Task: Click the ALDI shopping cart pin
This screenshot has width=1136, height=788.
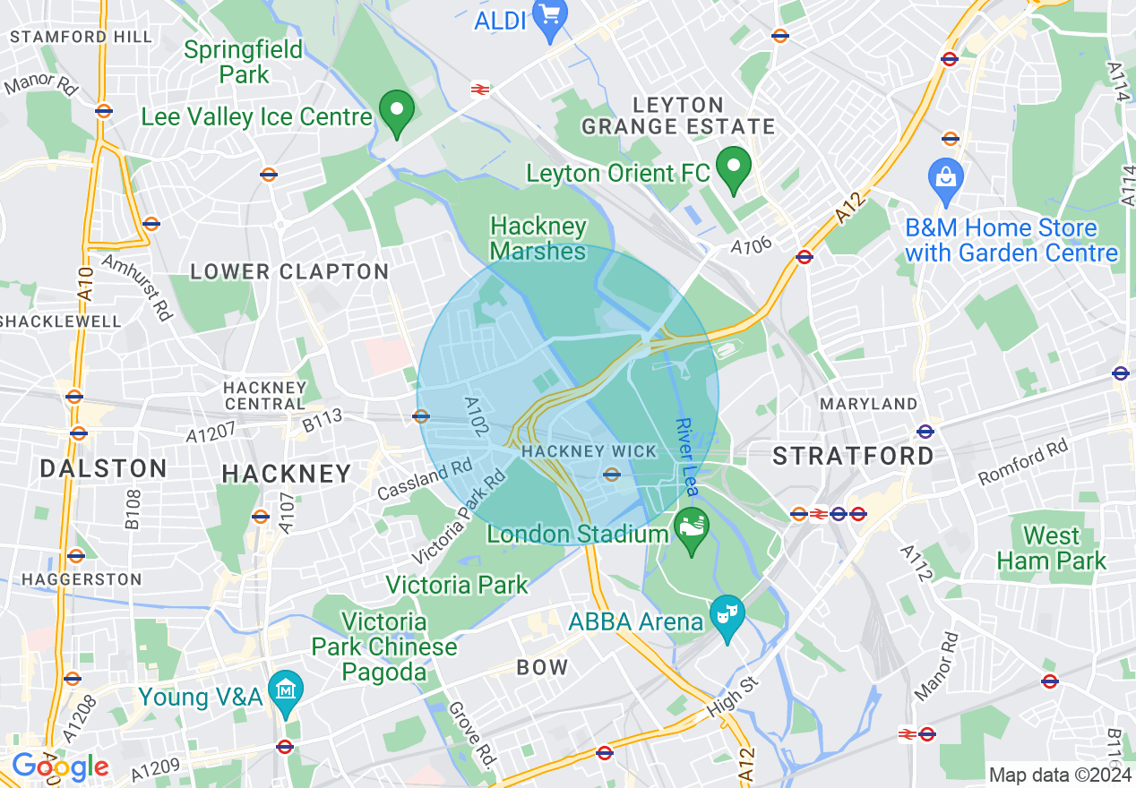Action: click(x=548, y=16)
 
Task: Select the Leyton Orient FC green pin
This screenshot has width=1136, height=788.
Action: click(x=734, y=167)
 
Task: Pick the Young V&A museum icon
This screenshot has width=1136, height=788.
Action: click(x=286, y=691)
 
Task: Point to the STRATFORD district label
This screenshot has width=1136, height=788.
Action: click(x=854, y=456)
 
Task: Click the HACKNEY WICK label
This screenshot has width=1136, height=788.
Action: click(x=589, y=451)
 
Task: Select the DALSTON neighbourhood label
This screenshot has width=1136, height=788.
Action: click(x=104, y=468)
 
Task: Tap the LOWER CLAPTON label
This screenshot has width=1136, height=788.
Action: click(x=289, y=271)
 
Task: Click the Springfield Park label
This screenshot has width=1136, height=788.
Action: click(x=244, y=61)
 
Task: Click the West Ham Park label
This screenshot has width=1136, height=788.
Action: click(x=1052, y=548)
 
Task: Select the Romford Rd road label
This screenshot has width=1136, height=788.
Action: click(x=1022, y=462)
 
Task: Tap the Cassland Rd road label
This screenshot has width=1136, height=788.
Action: click(x=425, y=480)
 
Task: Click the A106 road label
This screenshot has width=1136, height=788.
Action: click(x=751, y=246)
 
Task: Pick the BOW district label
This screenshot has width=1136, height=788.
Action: click(x=542, y=667)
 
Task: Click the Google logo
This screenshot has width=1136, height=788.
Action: click(x=59, y=767)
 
